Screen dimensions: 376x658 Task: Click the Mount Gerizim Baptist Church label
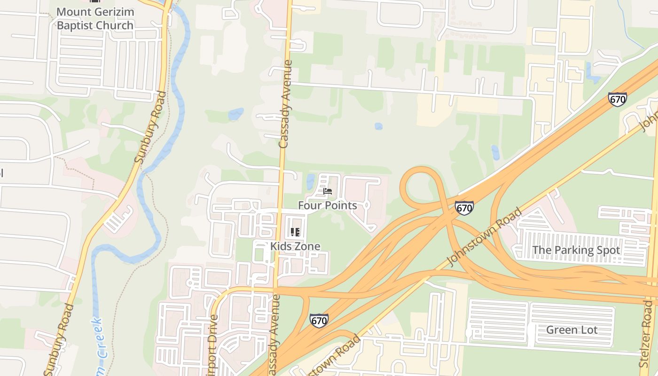coord(95,19)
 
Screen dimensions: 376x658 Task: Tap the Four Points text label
coord(328,205)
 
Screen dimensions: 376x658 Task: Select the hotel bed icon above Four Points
coord(328,191)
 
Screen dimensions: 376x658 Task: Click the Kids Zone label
coord(295,246)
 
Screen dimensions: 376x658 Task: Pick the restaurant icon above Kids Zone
coord(295,232)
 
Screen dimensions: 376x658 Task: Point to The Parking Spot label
coord(576,250)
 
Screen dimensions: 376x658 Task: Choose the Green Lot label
coord(572,329)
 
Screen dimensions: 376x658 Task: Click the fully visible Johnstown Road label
coord(484,237)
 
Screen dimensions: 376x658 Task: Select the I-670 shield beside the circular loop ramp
coord(464,208)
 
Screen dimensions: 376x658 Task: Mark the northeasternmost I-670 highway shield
coord(617,99)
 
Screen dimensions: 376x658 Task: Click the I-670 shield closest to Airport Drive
coord(319,321)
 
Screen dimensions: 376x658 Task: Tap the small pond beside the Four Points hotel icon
coord(310,181)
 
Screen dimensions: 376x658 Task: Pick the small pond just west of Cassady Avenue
coord(235,114)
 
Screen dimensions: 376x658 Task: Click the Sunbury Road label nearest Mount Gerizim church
coord(150,127)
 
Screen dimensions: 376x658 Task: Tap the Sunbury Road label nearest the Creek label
coord(59,339)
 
